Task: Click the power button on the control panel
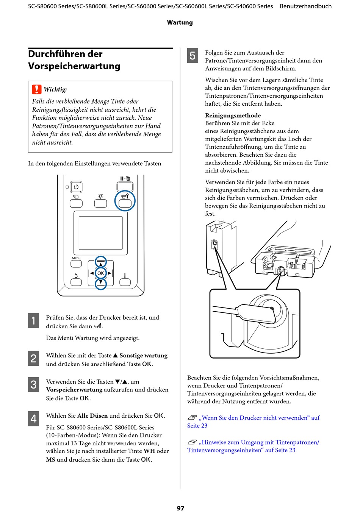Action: (76, 187)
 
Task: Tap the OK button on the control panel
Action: (100, 273)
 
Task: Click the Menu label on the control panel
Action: (76, 258)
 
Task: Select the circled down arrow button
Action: (100, 284)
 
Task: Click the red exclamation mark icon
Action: (37, 89)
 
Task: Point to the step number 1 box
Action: (33, 320)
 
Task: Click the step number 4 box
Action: (33, 418)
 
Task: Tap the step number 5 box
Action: (192, 56)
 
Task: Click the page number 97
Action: (180, 508)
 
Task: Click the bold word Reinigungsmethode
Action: (233, 115)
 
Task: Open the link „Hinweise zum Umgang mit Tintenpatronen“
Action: (253, 446)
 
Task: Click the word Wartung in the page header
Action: (180, 23)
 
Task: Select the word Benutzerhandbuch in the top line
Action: (306, 6)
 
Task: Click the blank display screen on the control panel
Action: (100, 233)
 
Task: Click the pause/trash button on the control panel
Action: (125, 187)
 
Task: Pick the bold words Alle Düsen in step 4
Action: (92, 416)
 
